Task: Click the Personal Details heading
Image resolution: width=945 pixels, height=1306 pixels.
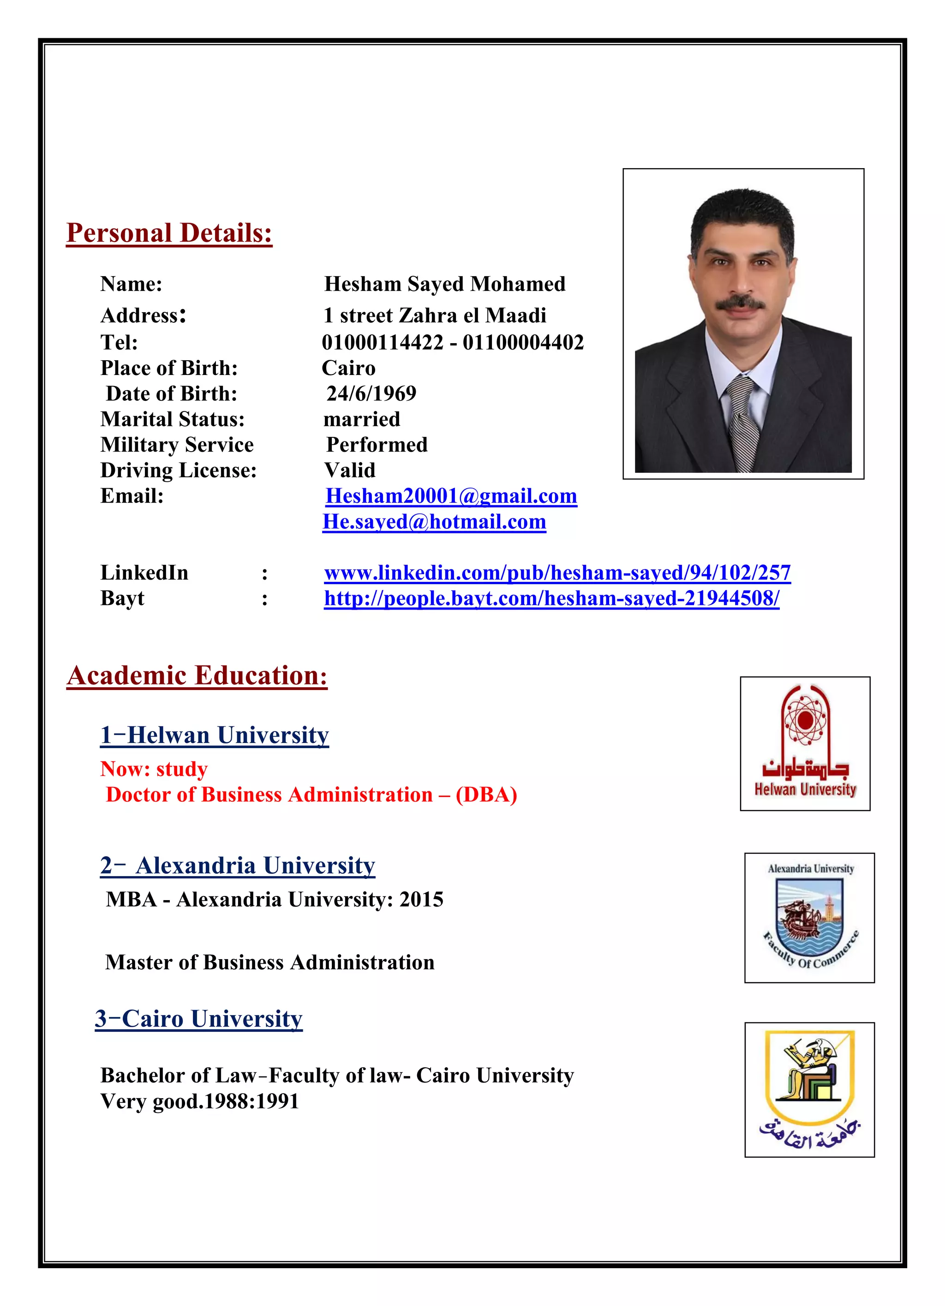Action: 169,233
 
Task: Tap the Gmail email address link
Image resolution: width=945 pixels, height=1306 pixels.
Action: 451,496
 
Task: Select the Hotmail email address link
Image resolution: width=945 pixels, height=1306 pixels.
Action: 434,522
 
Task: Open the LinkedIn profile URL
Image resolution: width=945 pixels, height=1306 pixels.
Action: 557,573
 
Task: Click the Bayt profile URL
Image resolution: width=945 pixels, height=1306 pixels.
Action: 551,599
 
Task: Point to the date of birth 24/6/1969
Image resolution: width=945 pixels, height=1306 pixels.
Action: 371,394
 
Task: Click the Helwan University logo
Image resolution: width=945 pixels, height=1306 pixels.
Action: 805,744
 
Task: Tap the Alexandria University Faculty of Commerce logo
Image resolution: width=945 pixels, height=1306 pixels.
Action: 809,918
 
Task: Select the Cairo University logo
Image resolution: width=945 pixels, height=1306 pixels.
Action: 809,1089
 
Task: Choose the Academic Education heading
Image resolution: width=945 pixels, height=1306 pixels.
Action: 197,676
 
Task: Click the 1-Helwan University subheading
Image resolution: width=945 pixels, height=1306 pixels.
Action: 214,735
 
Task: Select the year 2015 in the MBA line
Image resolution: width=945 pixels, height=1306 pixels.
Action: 421,900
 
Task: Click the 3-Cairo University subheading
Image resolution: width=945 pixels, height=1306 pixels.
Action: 198,1019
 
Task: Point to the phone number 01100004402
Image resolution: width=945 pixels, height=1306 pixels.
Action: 523,343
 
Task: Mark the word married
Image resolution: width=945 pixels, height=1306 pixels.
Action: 361,419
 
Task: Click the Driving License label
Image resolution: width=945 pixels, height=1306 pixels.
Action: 179,471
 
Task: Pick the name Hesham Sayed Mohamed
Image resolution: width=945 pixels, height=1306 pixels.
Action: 444,284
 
